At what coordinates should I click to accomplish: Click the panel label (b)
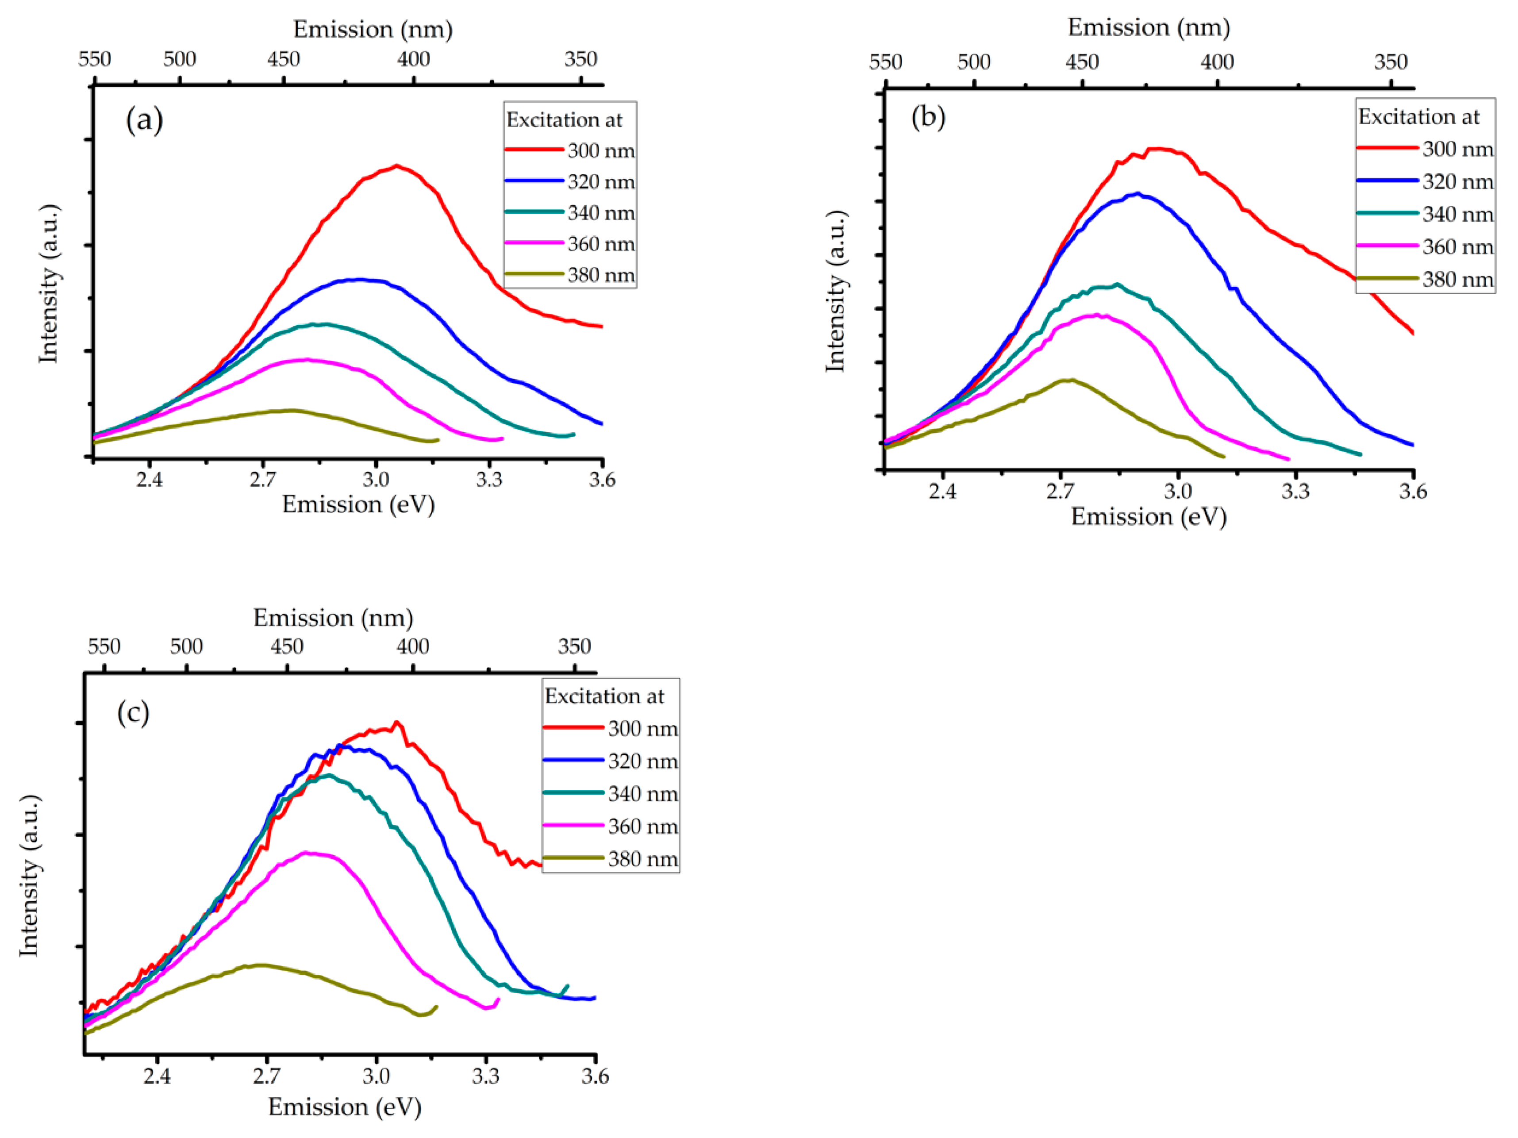928,117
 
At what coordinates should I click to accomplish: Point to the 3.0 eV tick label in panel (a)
375,479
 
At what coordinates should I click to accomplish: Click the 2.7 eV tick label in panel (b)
1060,492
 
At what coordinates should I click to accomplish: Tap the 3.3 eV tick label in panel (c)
485,1076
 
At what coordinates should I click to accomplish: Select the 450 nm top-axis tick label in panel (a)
284,60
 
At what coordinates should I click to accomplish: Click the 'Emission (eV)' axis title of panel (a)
358,504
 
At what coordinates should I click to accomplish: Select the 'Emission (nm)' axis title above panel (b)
1148,27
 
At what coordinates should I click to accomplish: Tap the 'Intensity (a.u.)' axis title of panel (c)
29,876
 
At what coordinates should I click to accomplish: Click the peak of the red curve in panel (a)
397,165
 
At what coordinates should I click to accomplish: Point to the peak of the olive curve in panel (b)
1068,380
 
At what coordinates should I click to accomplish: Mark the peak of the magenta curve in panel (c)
306,853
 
